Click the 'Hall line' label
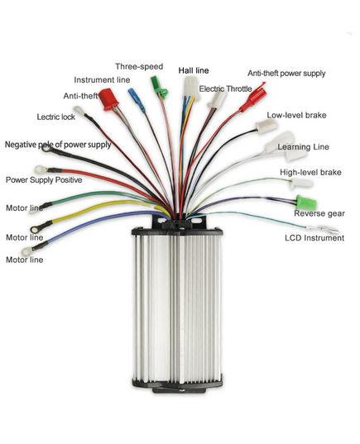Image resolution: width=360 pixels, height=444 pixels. coord(194,70)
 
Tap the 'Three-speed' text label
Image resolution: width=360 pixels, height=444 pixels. coord(139,66)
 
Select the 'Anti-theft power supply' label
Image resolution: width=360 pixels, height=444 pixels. coord(286,74)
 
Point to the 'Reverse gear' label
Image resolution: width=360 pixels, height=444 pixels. coord(319,213)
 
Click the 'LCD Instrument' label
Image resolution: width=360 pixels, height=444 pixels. coord(314,238)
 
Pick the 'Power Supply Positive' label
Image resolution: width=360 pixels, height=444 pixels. coord(44,180)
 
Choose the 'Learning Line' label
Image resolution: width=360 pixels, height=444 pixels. coord(303,147)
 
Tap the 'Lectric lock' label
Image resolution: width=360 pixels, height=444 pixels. coord(55,117)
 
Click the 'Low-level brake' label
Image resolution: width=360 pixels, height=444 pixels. coord(296,115)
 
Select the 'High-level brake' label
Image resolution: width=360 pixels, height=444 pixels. coord(310,173)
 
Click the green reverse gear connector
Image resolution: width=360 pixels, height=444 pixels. coord(306,202)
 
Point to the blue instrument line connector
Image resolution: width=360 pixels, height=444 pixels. coord(137,100)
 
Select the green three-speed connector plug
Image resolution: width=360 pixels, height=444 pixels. coord(158,87)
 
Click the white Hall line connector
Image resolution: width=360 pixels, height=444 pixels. coord(191,88)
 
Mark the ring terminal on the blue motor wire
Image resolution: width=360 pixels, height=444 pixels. coord(28,251)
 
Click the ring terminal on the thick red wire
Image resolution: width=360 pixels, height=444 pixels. coord(41,169)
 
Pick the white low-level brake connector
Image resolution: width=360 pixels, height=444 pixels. coord(266,126)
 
